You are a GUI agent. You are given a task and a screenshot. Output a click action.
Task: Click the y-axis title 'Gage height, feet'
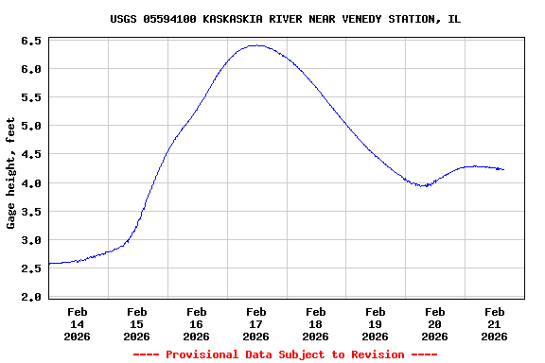[x=11, y=173]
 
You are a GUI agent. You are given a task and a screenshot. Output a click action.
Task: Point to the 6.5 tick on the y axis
[x=30, y=42]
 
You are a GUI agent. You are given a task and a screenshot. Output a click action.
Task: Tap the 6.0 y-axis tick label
[x=30, y=70]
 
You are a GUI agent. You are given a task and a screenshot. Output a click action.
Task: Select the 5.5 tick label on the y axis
[x=30, y=98]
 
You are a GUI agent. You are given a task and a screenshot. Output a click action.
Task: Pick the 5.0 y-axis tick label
[x=30, y=127]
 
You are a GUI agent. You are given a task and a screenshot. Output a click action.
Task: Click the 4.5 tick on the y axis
[x=30, y=155]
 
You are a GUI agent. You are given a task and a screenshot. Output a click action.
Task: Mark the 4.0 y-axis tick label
[x=30, y=183]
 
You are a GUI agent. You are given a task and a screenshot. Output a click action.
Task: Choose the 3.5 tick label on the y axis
[x=30, y=212]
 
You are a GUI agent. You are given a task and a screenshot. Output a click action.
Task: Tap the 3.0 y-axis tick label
[x=30, y=240]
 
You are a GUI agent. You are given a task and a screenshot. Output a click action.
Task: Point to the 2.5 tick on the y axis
[x=30, y=268]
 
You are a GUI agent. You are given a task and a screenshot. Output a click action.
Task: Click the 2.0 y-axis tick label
[x=30, y=297]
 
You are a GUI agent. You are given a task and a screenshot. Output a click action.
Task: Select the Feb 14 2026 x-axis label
[x=78, y=323]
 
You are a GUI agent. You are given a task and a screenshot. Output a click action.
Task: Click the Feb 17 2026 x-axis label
[x=256, y=323]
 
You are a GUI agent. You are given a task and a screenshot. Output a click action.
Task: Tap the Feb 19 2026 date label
[x=376, y=323]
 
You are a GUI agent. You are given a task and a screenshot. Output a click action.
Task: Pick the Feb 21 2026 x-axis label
[x=495, y=323]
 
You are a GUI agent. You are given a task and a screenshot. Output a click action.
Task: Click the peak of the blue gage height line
[x=255, y=45]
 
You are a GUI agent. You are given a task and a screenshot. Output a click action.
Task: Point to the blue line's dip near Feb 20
[x=425, y=185]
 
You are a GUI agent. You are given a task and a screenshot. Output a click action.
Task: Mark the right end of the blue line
[x=503, y=169]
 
